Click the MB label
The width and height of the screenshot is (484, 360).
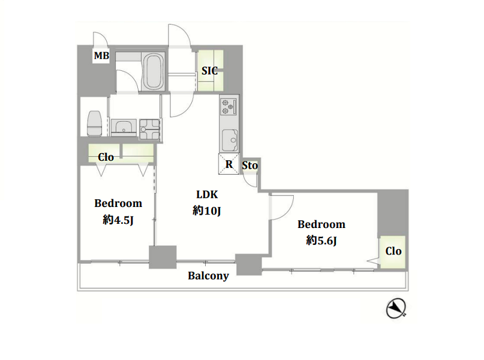click(101, 56)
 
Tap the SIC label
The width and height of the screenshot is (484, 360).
click(209, 71)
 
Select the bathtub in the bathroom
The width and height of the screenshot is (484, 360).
click(154, 71)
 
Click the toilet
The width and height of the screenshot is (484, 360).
click(94, 123)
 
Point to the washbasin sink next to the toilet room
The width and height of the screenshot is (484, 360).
click(124, 128)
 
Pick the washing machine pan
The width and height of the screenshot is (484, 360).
click(150, 129)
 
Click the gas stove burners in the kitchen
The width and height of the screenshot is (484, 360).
click(229, 106)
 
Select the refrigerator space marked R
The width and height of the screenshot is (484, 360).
click(229, 164)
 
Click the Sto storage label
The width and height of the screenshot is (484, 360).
click(249, 166)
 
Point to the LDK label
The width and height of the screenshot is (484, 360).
click(207, 194)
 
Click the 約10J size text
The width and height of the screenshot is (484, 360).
click(207, 211)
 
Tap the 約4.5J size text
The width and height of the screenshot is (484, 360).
click(118, 220)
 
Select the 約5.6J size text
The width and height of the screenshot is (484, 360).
click(321, 240)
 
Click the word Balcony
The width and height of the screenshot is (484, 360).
click(208, 276)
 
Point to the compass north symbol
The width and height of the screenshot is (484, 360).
click(396, 308)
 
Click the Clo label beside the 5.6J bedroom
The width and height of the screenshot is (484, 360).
click(393, 251)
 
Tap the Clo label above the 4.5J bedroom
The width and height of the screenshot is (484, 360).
click(106, 157)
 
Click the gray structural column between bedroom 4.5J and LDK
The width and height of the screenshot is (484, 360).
click(163, 257)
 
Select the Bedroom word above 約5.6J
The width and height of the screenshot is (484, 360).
click(321, 224)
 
